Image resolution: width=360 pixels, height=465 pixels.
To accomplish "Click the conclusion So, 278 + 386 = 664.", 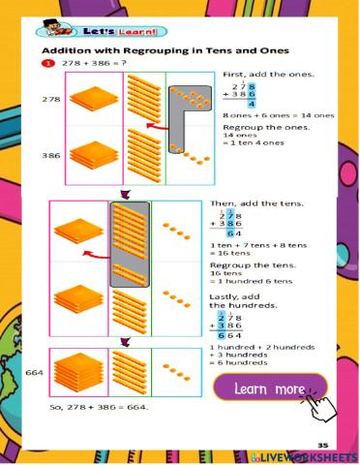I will pyautogui.click(x=98, y=407).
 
